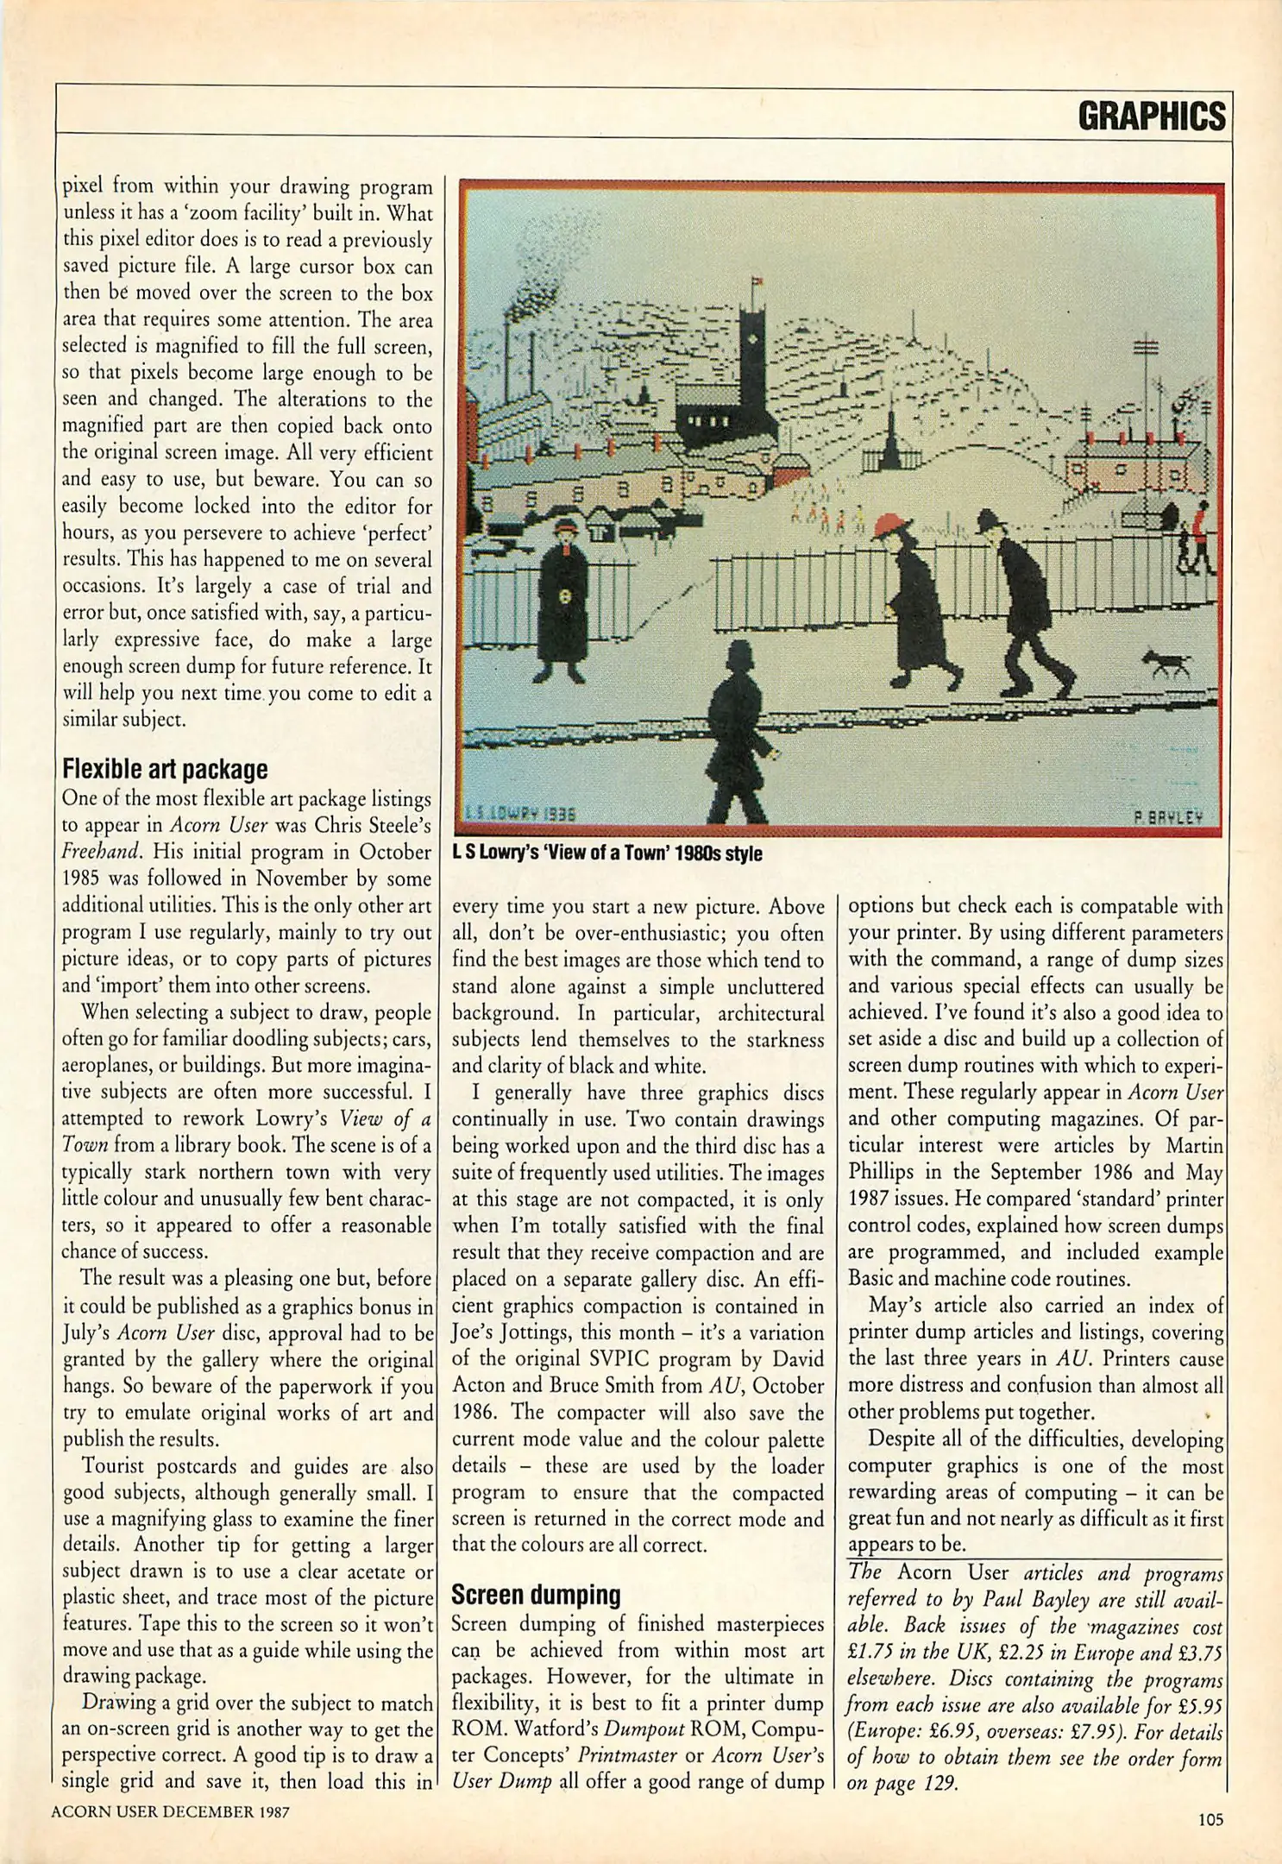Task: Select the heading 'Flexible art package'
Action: click(165, 769)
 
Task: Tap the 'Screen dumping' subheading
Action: click(536, 1595)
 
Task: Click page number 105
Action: click(1210, 1820)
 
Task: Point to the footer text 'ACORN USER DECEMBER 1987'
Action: click(170, 1812)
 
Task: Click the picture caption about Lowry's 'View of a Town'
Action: click(606, 853)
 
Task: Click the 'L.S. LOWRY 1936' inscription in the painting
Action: click(519, 813)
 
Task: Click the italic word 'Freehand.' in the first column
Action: click(101, 852)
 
